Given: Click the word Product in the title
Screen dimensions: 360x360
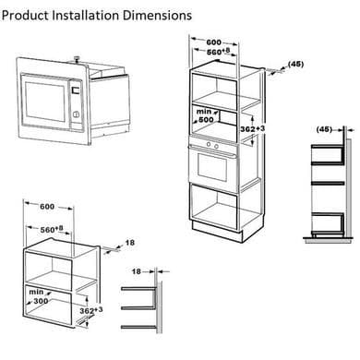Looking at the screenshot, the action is tap(25, 16).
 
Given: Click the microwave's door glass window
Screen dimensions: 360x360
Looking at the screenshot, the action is tap(45, 102).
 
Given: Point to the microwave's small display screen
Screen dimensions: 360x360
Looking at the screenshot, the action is tap(75, 90).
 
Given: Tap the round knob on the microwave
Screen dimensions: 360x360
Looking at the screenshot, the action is tap(76, 114).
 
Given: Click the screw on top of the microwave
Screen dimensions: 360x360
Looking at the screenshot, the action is tap(76, 59).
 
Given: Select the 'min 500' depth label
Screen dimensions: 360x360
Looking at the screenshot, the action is tap(205, 115).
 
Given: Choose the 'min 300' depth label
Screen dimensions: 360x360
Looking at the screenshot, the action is tap(39, 296).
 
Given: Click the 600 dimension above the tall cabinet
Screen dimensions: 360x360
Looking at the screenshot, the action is tap(213, 42).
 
